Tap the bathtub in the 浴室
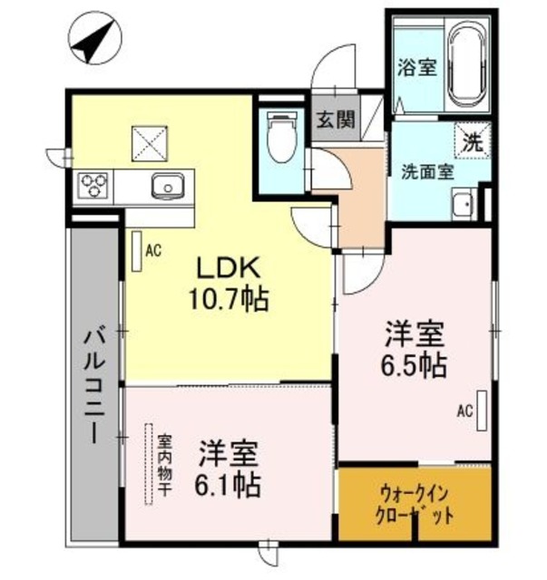pyautogui.click(x=470, y=67)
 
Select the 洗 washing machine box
pyautogui.click(x=472, y=141)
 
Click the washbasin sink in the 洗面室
pyautogui.click(x=464, y=206)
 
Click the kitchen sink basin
pyautogui.click(x=168, y=187)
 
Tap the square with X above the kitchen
pyautogui.click(x=147, y=143)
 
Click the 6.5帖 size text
pyautogui.click(x=413, y=366)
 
